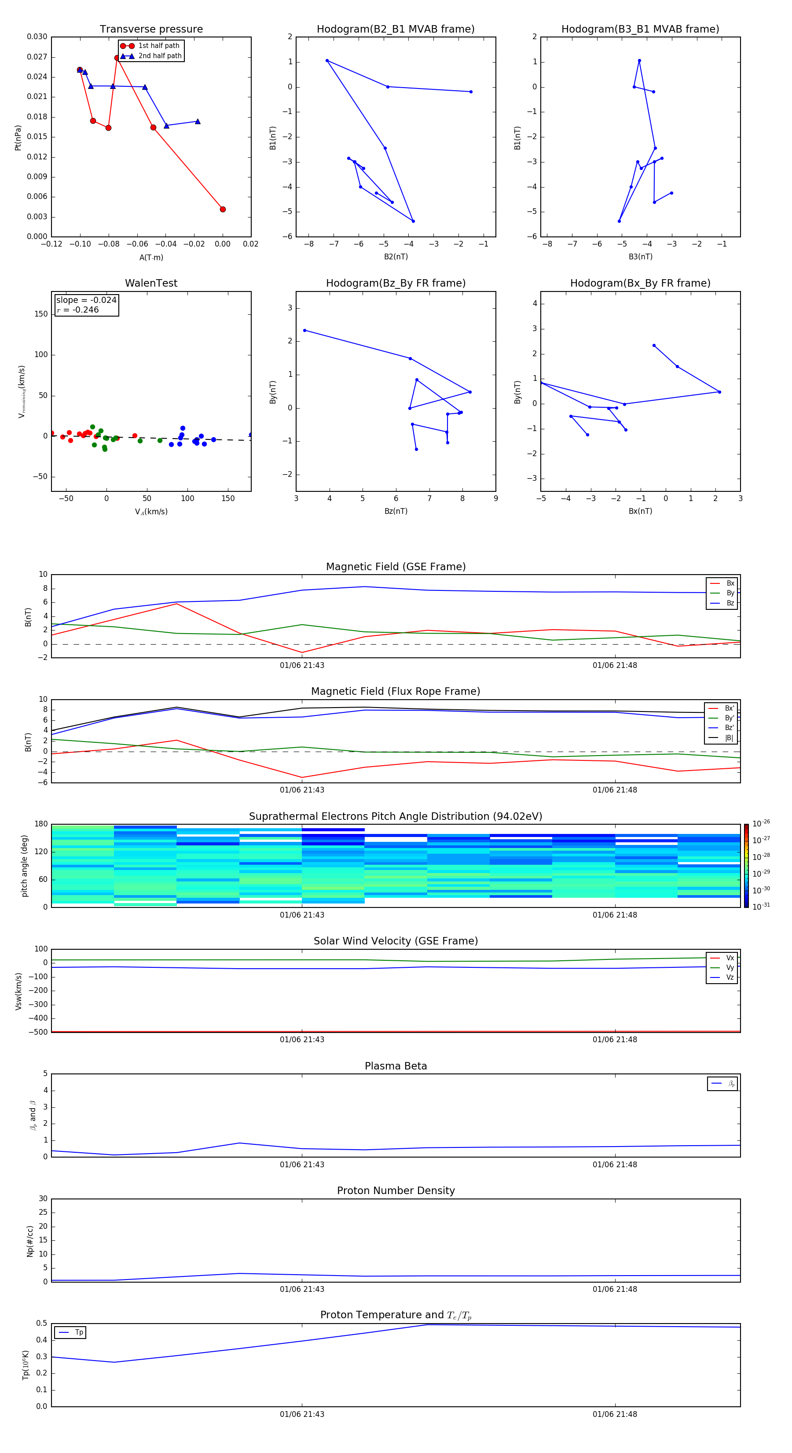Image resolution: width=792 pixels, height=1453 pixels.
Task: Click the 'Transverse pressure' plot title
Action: coord(151,30)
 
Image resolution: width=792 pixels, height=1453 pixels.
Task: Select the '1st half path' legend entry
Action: coord(158,46)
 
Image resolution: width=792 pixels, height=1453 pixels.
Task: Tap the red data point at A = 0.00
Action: coord(223,209)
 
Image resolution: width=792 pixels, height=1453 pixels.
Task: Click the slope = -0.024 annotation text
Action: coord(86,300)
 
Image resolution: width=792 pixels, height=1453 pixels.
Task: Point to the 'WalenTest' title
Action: coord(151,283)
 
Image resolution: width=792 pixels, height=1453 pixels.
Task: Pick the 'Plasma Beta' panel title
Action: coord(396,1066)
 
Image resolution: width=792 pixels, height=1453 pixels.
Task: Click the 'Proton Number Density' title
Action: coord(396,1191)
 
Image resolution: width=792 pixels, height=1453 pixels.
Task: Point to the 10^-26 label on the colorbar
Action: coord(761,823)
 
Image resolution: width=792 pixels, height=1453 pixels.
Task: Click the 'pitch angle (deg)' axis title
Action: coord(25,865)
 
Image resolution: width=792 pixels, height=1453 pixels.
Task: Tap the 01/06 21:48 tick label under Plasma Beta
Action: coord(614,1164)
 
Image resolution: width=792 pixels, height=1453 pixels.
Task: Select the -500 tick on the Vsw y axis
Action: coord(38,1032)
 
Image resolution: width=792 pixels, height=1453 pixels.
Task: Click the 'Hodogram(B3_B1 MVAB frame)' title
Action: coord(640,30)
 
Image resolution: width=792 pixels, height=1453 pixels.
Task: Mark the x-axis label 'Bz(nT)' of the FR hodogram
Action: coord(396,511)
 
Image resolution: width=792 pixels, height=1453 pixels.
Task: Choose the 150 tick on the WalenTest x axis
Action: coord(228,498)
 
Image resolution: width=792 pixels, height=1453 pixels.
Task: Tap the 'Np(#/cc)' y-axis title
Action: coord(30,1240)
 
